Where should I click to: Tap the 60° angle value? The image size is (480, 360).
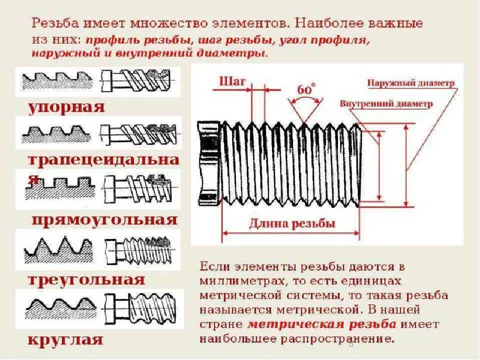point(306,90)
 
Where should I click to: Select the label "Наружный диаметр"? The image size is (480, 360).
point(410,82)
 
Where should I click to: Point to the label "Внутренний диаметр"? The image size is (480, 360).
point(385,104)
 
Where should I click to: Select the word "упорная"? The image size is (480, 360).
point(66,107)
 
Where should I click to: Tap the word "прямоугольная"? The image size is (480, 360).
point(104,220)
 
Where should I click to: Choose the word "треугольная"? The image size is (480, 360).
point(86,279)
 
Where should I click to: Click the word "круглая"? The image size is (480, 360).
point(65,340)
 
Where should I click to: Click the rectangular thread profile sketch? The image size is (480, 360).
point(60,188)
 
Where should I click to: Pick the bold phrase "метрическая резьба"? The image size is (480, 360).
point(322,324)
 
